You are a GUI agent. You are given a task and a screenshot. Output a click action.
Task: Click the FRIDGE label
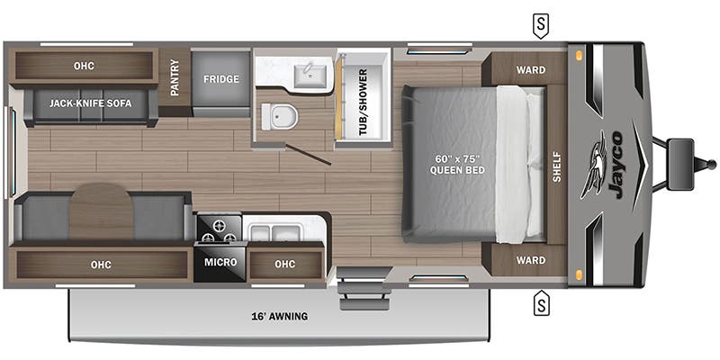[220, 79]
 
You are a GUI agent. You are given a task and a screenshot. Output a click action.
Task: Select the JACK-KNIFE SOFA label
[91, 103]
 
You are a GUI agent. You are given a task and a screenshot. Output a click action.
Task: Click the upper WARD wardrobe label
[531, 70]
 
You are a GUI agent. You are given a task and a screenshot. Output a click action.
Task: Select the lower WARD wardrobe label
[531, 260]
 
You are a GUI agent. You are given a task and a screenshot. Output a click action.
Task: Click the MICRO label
[219, 263]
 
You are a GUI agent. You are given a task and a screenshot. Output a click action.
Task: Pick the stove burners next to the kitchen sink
[218, 229]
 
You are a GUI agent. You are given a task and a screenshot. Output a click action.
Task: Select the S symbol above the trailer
[540, 24]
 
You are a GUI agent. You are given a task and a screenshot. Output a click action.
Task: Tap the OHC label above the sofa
[84, 66]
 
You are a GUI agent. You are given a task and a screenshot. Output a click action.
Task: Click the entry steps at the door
[355, 293]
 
